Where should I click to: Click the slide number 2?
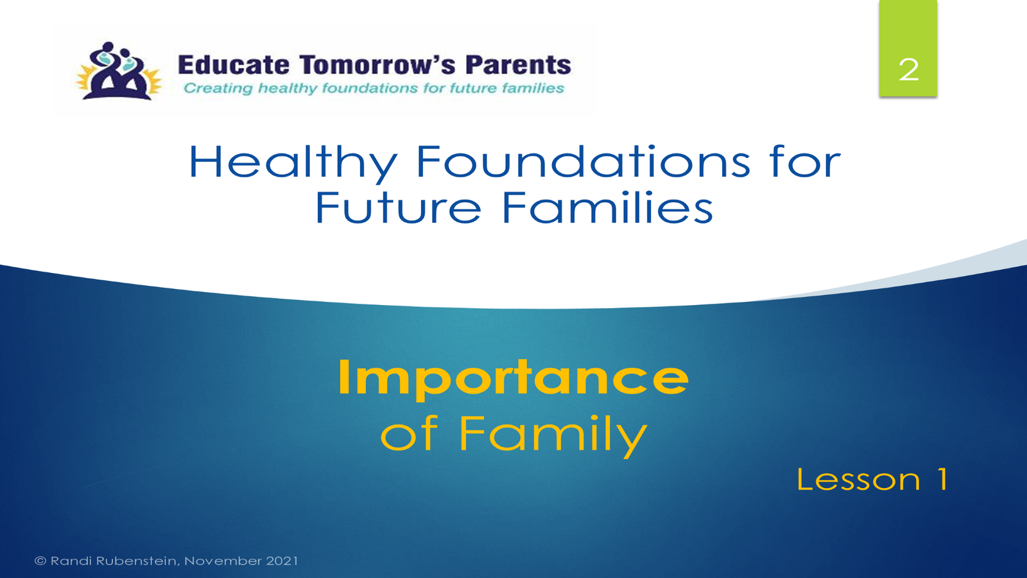(x=908, y=70)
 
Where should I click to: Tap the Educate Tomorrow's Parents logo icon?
(x=119, y=71)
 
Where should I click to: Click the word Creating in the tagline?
(x=218, y=88)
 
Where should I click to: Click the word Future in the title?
(x=398, y=207)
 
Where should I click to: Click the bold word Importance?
(x=513, y=379)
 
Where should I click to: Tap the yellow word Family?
(x=553, y=434)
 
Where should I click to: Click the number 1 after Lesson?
(x=942, y=479)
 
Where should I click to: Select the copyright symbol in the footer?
(x=40, y=561)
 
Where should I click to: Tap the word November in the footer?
(x=223, y=561)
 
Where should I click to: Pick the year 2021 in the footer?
(x=282, y=561)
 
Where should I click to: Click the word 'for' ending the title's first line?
(x=805, y=161)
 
